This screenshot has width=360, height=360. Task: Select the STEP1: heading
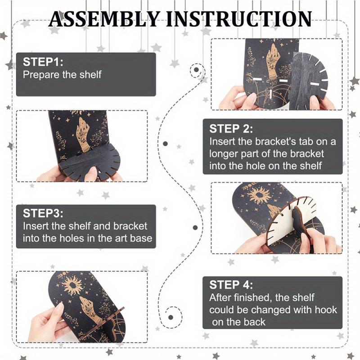click(43, 62)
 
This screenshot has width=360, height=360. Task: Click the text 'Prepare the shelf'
click(62, 75)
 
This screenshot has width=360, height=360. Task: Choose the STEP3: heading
click(43, 213)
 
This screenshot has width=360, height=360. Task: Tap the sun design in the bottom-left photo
click(72, 285)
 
